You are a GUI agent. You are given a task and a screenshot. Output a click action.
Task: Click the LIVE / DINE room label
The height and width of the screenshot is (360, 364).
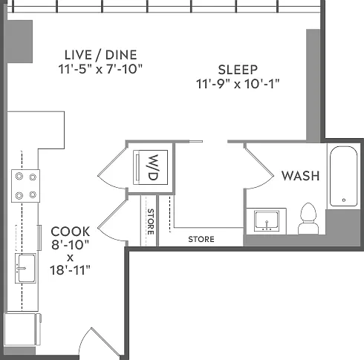point(100,55)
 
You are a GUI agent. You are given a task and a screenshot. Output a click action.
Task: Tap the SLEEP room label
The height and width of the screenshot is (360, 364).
point(238,70)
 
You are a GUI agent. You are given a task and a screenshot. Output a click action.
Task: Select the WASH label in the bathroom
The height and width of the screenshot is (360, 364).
point(300,176)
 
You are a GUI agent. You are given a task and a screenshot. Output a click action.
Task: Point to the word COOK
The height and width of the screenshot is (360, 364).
point(71,232)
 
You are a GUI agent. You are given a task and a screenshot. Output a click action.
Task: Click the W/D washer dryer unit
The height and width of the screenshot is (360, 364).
point(151,167)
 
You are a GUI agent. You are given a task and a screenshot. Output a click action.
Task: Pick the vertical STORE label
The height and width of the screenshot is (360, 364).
point(151,222)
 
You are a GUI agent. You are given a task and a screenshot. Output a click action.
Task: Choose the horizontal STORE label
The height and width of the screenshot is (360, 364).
point(201,239)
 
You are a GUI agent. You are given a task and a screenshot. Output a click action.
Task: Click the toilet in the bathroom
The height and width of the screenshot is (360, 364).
point(308,218)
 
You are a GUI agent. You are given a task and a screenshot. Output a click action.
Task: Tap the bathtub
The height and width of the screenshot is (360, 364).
point(343,176)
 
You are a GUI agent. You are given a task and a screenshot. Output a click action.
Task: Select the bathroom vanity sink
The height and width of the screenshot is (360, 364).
point(267,221)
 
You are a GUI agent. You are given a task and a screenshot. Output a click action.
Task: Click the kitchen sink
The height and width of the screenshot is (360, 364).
point(25,268)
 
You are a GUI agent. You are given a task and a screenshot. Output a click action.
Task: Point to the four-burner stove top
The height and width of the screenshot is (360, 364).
point(26,186)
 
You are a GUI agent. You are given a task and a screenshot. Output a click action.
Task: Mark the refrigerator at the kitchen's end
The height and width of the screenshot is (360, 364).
point(23,330)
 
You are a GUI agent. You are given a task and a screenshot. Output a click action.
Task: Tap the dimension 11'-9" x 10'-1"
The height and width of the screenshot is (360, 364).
point(238,84)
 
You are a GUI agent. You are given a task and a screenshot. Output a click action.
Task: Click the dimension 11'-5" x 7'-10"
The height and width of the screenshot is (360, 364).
point(100,69)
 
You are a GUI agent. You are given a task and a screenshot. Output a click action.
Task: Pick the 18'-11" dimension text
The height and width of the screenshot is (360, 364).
point(70,270)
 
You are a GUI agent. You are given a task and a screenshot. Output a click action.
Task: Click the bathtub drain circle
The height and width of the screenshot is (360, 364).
point(344,200)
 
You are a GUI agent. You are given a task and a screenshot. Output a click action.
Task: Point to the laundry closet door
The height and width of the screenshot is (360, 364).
point(113,168)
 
